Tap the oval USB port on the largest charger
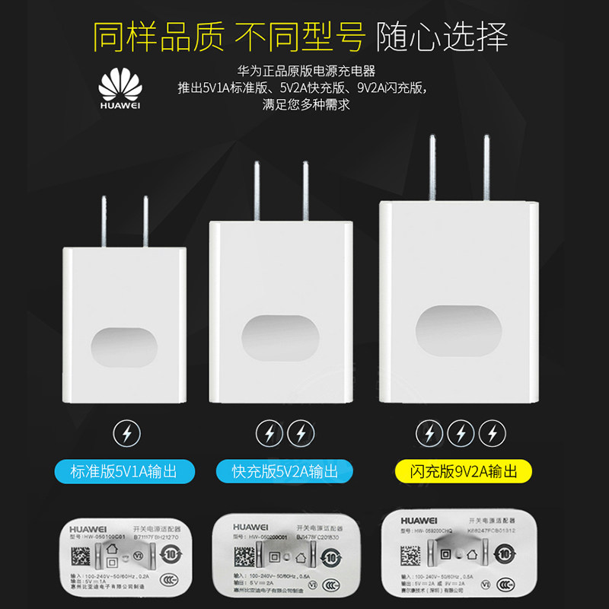458,331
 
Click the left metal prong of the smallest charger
104,221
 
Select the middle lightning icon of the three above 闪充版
461,433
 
